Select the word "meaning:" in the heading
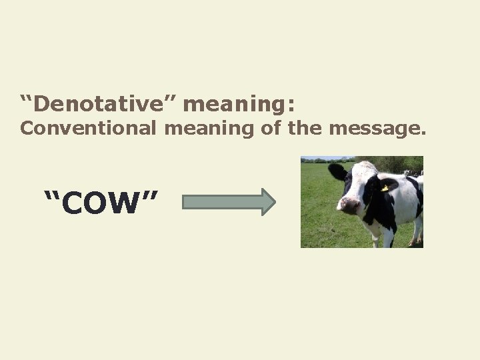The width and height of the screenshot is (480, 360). pos(239,105)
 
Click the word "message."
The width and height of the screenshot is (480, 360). pos(377,128)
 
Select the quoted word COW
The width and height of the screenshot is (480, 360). pos(101,203)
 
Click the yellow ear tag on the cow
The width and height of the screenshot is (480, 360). pos(385,189)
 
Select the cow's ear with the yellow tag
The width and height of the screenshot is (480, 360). pos(387,185)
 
